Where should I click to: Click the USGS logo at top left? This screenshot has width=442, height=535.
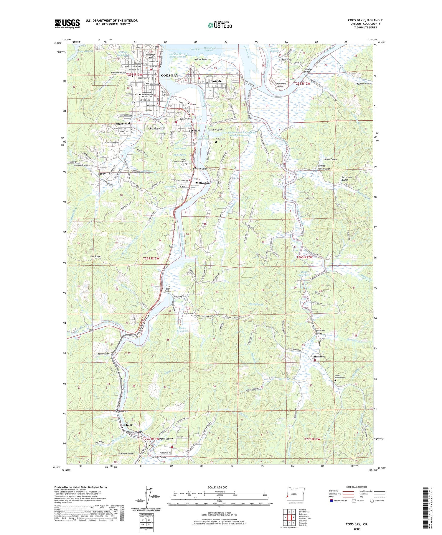point(67,24)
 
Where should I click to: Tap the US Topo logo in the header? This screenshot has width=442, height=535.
point(220,25)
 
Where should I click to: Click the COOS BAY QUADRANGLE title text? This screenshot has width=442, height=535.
point(365,20)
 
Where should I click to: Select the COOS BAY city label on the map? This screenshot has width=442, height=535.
point(169,76)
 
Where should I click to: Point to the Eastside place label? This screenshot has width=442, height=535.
point(216,81)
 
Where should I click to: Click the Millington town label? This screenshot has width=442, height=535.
point(203,183)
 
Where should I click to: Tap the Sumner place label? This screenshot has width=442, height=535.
point(318,356)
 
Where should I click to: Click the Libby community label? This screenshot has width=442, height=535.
point(102,174)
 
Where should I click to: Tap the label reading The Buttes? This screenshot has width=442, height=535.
point(96,256)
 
